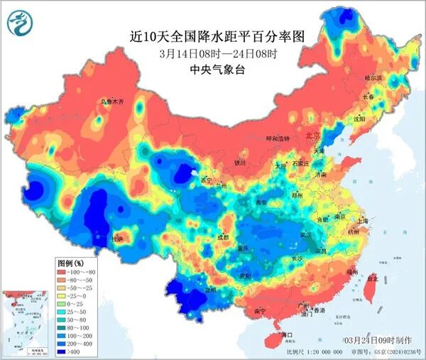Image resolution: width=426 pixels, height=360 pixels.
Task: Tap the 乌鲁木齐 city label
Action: click(111, 103)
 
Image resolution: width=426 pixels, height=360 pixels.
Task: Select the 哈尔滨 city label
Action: click(373, 77)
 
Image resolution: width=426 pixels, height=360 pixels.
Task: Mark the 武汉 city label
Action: click(307, 234)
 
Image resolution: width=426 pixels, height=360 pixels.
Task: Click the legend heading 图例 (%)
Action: click(71, 262)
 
